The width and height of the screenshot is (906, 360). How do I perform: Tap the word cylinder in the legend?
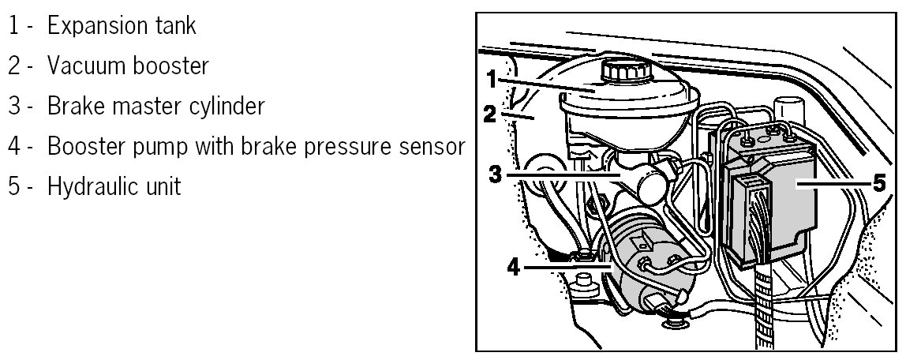pyautogui.click(x=225, y=107)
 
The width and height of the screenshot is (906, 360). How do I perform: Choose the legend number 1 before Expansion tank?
pyautogui.click(x=14, y=25)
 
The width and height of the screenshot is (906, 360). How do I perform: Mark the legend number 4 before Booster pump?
pyautogui.click(x=14, y=147)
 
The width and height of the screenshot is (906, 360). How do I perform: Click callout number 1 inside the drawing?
pyautogui.click(x=491, y=79)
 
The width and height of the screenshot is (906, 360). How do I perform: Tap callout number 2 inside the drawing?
pyautogui.click(x=490, y=114)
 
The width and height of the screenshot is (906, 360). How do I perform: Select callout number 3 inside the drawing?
pyautogui.click(x=495, y=173)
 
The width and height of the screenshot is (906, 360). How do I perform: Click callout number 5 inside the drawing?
pyautogui.click(x=879, y=181)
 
